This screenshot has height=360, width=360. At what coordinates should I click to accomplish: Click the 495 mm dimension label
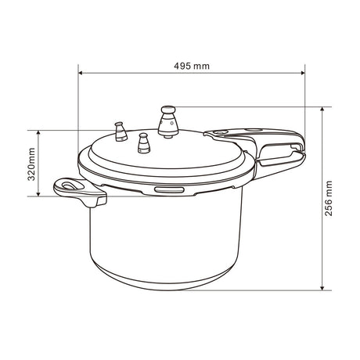[191, 66]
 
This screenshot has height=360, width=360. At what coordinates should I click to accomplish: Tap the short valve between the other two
[143, 144]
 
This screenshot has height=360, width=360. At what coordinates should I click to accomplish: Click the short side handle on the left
[79, 192]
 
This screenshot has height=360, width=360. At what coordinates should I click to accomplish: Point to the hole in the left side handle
[70, 186]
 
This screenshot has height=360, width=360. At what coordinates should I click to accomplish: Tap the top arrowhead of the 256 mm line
[322, 108]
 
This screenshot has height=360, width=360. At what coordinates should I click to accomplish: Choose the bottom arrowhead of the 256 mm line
[322, 289]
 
